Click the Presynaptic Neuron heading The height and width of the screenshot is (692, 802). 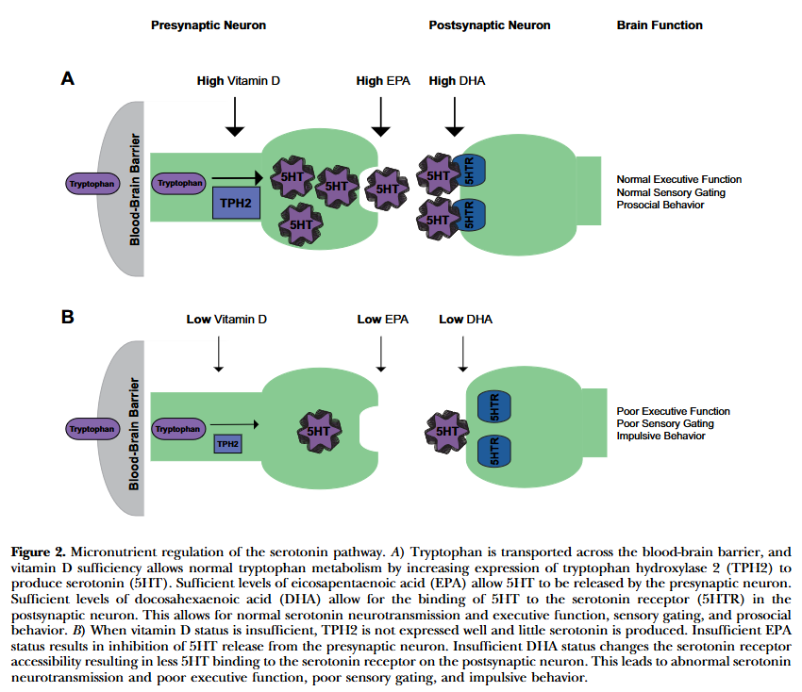[209, 25]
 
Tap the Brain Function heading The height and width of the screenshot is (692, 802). [660, 25]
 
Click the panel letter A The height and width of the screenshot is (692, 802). [68, 80]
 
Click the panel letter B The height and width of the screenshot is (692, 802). [68, 318]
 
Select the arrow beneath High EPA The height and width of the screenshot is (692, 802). [381, 117]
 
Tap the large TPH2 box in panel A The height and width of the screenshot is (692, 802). [236, 202]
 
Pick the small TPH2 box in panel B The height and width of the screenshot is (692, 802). [227, 442]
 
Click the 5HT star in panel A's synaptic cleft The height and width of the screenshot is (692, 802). [387, 187]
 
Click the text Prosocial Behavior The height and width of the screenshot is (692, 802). [660, 205]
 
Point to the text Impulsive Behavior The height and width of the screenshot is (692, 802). [660, 437]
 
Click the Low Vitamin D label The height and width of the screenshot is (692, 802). [226, 320]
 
